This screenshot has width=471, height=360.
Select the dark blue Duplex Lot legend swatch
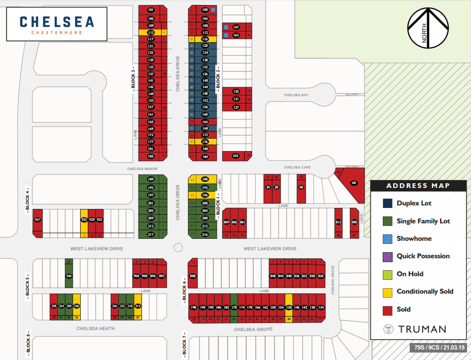(x=387, y=203)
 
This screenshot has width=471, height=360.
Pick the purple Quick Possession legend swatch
(x=387, y=256)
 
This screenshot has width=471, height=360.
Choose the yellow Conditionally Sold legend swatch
(x=387, y=292)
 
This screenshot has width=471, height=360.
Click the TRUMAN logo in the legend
(x=415, y=329)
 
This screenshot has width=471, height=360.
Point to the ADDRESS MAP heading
(x=418, y=186)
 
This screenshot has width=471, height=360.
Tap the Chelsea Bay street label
(x=297, y=95)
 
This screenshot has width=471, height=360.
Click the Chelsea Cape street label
(x=297, y=168)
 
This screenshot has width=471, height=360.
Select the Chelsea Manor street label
(x=143, y=169)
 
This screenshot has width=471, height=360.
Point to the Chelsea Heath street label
(x=96, y=329)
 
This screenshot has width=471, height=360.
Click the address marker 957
(x=37, y=220)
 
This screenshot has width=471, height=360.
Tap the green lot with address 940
(x=69, y=276)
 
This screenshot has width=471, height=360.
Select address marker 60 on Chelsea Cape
(x=354, y=183)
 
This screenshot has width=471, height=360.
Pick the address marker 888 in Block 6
(x=193, y=276)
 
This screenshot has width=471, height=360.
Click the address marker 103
(x=236, y=156)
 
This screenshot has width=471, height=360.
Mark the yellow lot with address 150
(x=288, y=308)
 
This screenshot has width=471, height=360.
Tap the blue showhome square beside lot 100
(x=213, y=9)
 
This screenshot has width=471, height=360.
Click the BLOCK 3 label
(x=133, y=77)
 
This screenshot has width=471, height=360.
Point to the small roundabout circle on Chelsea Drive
(x=178, y=248)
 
